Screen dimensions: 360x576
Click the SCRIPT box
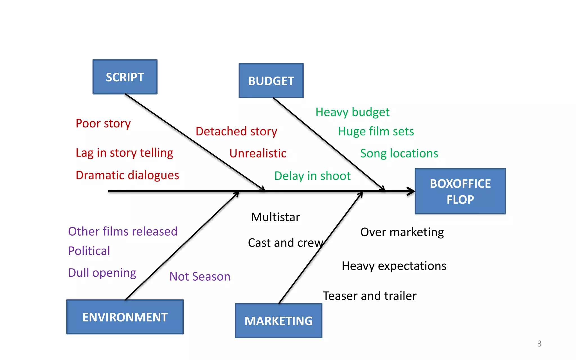(125, 77)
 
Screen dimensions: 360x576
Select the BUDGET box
(271, 81)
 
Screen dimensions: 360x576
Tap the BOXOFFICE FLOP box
(460, 191)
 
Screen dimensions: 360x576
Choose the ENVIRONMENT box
(125, 317)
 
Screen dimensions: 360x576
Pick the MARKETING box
(278, 321)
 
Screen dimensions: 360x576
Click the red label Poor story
(103, 124)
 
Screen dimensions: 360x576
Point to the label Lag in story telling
(124, 153)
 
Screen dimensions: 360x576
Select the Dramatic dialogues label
(127, 175)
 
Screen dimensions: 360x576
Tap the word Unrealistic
(258, 153)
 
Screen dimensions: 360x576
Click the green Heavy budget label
(352, 112)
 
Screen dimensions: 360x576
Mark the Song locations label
(399, 153)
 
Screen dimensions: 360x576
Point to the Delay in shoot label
(312, 176)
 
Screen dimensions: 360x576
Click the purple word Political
(89, 251)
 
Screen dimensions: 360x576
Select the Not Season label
(200, 276)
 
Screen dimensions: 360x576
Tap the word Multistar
(275, 217)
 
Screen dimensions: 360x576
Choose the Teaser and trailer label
(369, 296)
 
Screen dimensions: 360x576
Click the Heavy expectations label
(394, 266)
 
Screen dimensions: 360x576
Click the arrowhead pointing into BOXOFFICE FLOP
(411, 191)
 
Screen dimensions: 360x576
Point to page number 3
(539, 343)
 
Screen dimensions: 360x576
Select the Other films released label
(123, 231)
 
